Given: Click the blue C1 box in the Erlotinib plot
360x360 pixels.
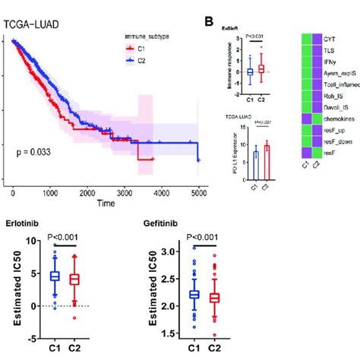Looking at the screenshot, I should (54, 276).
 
